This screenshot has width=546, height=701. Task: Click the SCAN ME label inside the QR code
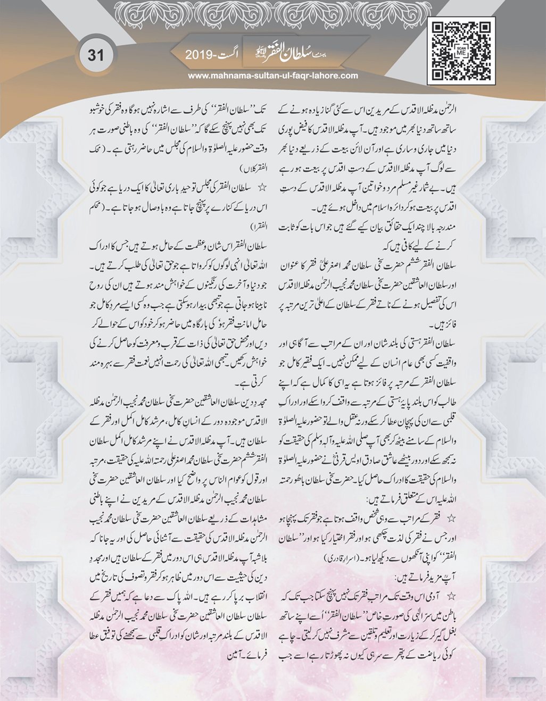point(461,52)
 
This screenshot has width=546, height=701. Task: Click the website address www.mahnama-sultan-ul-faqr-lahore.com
point(273,76)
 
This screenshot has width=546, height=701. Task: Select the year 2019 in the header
point(198,55)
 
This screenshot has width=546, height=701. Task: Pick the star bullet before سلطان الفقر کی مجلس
point(261,188)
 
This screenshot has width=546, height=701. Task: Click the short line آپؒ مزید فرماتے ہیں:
point(428,576)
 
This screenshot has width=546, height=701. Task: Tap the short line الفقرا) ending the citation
point(272,226)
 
